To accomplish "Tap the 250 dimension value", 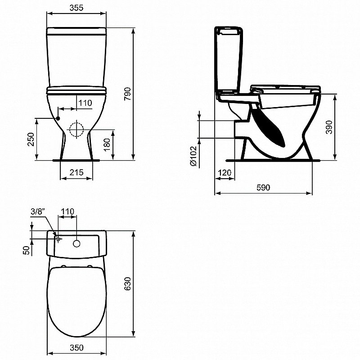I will (x=30, y=140).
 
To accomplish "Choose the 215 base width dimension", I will (x=76, y=172).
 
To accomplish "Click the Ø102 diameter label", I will (x=193, y=157).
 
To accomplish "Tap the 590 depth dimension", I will (x=263, y=188).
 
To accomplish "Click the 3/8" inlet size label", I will (x=38, y=212).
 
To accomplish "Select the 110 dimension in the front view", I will (x=85, y=103).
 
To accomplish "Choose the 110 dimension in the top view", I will (x=67, y=211).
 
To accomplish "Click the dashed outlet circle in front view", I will (x=77, y=130).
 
